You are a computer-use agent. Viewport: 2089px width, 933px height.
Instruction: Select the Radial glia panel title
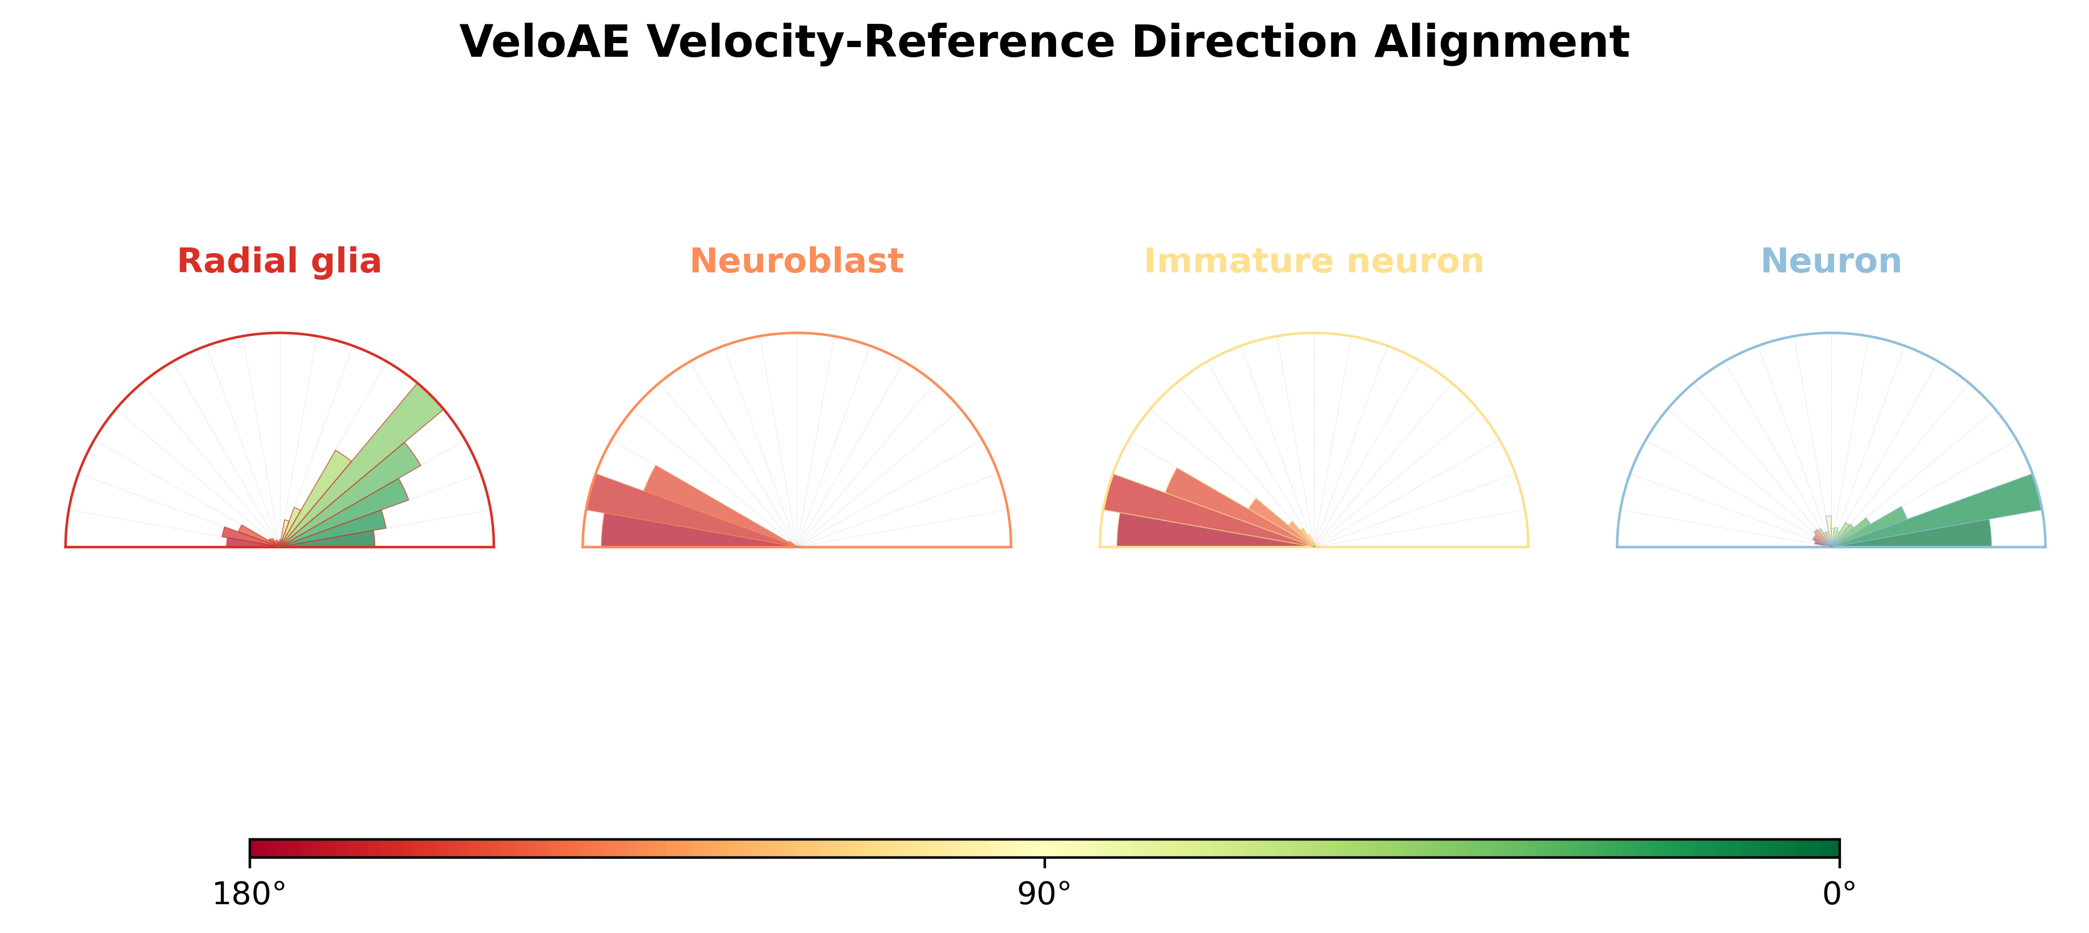(279, 261)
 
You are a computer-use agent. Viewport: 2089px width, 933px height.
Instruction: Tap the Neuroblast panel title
(796, 261)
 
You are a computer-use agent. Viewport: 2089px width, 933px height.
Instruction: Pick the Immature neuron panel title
(1314, 261)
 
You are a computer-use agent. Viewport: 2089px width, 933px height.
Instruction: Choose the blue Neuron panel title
(1831, 261)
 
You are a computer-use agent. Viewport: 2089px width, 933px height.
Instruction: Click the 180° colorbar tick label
(249, 894)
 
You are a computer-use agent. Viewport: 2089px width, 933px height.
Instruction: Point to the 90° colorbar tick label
(1045, 894)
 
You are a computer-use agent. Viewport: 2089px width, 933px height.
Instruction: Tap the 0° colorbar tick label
(1839, 894)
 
